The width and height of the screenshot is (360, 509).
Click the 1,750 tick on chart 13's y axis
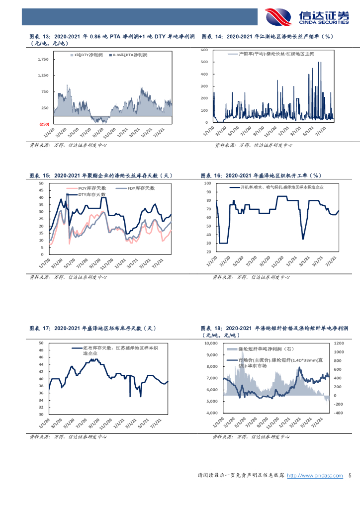click(x=43, y=59)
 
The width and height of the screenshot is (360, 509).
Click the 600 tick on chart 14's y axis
click(x=204, y=50)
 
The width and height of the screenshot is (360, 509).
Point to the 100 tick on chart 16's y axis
click(x=207, y=183)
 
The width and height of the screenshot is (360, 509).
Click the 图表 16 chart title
click(x=262, y=175)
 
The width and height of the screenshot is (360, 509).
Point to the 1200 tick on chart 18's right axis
click(x=338, y=343)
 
